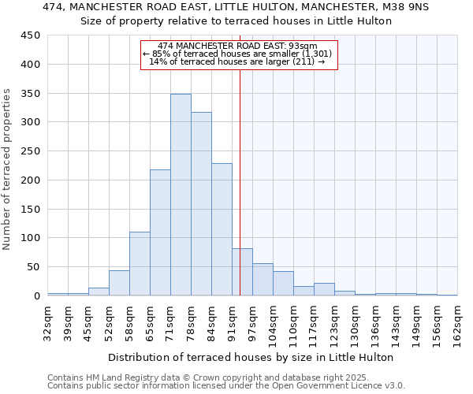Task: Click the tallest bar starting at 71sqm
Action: tap(181, 195)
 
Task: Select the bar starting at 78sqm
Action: tap(201, 204)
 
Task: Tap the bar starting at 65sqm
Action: tap(160, 232)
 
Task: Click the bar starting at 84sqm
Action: tap(222, 229)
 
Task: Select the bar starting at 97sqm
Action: tap(263, 280)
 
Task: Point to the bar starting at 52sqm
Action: tap(119, 283)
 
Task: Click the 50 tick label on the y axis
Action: tap(34, 267)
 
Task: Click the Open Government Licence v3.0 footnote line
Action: tap(226, 386)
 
